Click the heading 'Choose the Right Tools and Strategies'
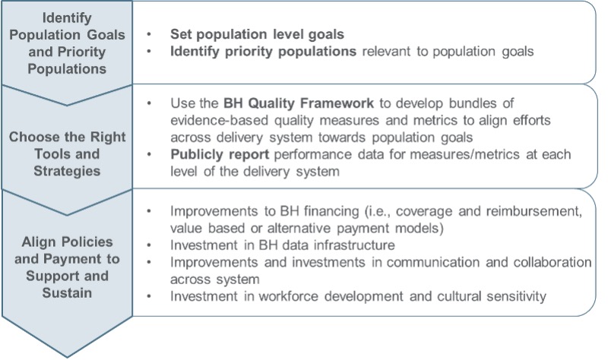[67, 154]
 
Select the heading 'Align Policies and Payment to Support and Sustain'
[67, 267]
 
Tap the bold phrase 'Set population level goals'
[257, 34]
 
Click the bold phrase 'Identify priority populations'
[263, 51]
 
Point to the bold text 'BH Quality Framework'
[299, 103]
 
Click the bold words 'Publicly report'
[220, 154]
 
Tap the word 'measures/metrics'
[464, 154]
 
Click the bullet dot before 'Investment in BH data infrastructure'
[149, 245]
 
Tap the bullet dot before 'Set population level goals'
[149, 34]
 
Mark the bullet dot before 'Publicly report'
[149, 155]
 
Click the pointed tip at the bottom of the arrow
[67, 357]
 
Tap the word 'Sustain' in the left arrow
[67, 293]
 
